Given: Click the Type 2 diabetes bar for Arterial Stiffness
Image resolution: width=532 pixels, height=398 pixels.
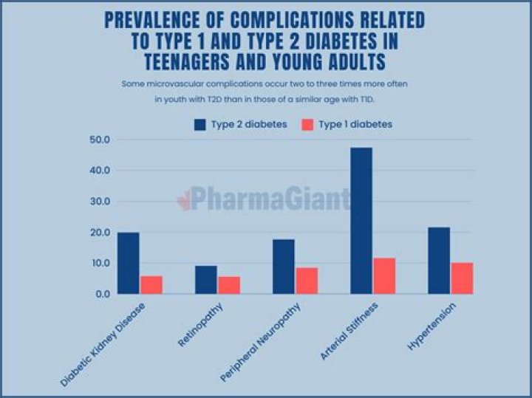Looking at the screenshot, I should (x=361, y=221).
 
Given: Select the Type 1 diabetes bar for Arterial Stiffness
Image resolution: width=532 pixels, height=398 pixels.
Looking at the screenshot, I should (x=384, y=275).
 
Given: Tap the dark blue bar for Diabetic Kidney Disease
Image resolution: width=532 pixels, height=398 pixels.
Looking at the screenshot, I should (x=128, y=263).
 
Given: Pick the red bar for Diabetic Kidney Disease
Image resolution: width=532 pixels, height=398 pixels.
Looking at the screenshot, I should (x=151, y=284).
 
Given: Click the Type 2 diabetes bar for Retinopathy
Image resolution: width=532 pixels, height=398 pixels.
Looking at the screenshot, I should (x=206, y=279).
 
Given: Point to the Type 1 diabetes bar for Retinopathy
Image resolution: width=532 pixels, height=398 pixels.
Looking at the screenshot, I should (x=229, y=285).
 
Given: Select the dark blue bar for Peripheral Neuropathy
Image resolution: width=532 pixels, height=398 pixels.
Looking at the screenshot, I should (x=284, y=266).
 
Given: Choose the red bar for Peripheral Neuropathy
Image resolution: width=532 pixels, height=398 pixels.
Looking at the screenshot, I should (x=307, y=281).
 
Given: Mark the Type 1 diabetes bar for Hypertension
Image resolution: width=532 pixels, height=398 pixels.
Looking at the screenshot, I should (x=462, y=278).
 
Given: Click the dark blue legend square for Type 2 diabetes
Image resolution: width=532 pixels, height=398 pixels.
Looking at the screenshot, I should (x=199, y=125).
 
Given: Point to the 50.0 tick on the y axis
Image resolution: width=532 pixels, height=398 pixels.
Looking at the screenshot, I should (x=98, y=140).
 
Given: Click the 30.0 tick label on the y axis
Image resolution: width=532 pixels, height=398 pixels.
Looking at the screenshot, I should (x=98, y=202).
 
